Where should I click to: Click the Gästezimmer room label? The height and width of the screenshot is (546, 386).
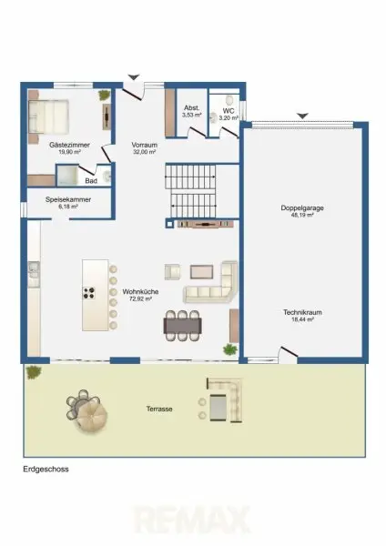70,145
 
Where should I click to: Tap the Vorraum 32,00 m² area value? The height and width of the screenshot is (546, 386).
144,152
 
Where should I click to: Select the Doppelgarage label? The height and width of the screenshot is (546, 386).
302,207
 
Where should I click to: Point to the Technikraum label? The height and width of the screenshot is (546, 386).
302,312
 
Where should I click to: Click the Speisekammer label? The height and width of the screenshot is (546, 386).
68,199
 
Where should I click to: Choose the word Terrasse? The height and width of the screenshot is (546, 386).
159,409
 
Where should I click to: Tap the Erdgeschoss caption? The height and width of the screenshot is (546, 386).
46,469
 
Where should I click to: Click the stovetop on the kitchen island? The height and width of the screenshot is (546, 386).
89,292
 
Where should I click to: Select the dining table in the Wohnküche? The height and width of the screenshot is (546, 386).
183,326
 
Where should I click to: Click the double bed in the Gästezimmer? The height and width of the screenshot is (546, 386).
48,116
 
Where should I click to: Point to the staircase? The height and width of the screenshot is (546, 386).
191,191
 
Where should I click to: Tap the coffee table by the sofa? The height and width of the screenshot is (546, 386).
202,272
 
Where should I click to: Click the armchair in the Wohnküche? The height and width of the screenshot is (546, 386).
172,272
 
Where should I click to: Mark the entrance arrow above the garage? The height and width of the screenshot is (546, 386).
303,116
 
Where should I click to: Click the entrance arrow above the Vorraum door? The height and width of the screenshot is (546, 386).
134,77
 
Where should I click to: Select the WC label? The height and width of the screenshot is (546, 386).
229,111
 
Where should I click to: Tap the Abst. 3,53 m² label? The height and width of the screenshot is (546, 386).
191,111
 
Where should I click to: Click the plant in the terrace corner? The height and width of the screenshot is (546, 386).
34,372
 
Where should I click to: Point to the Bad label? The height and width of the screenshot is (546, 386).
91,181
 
